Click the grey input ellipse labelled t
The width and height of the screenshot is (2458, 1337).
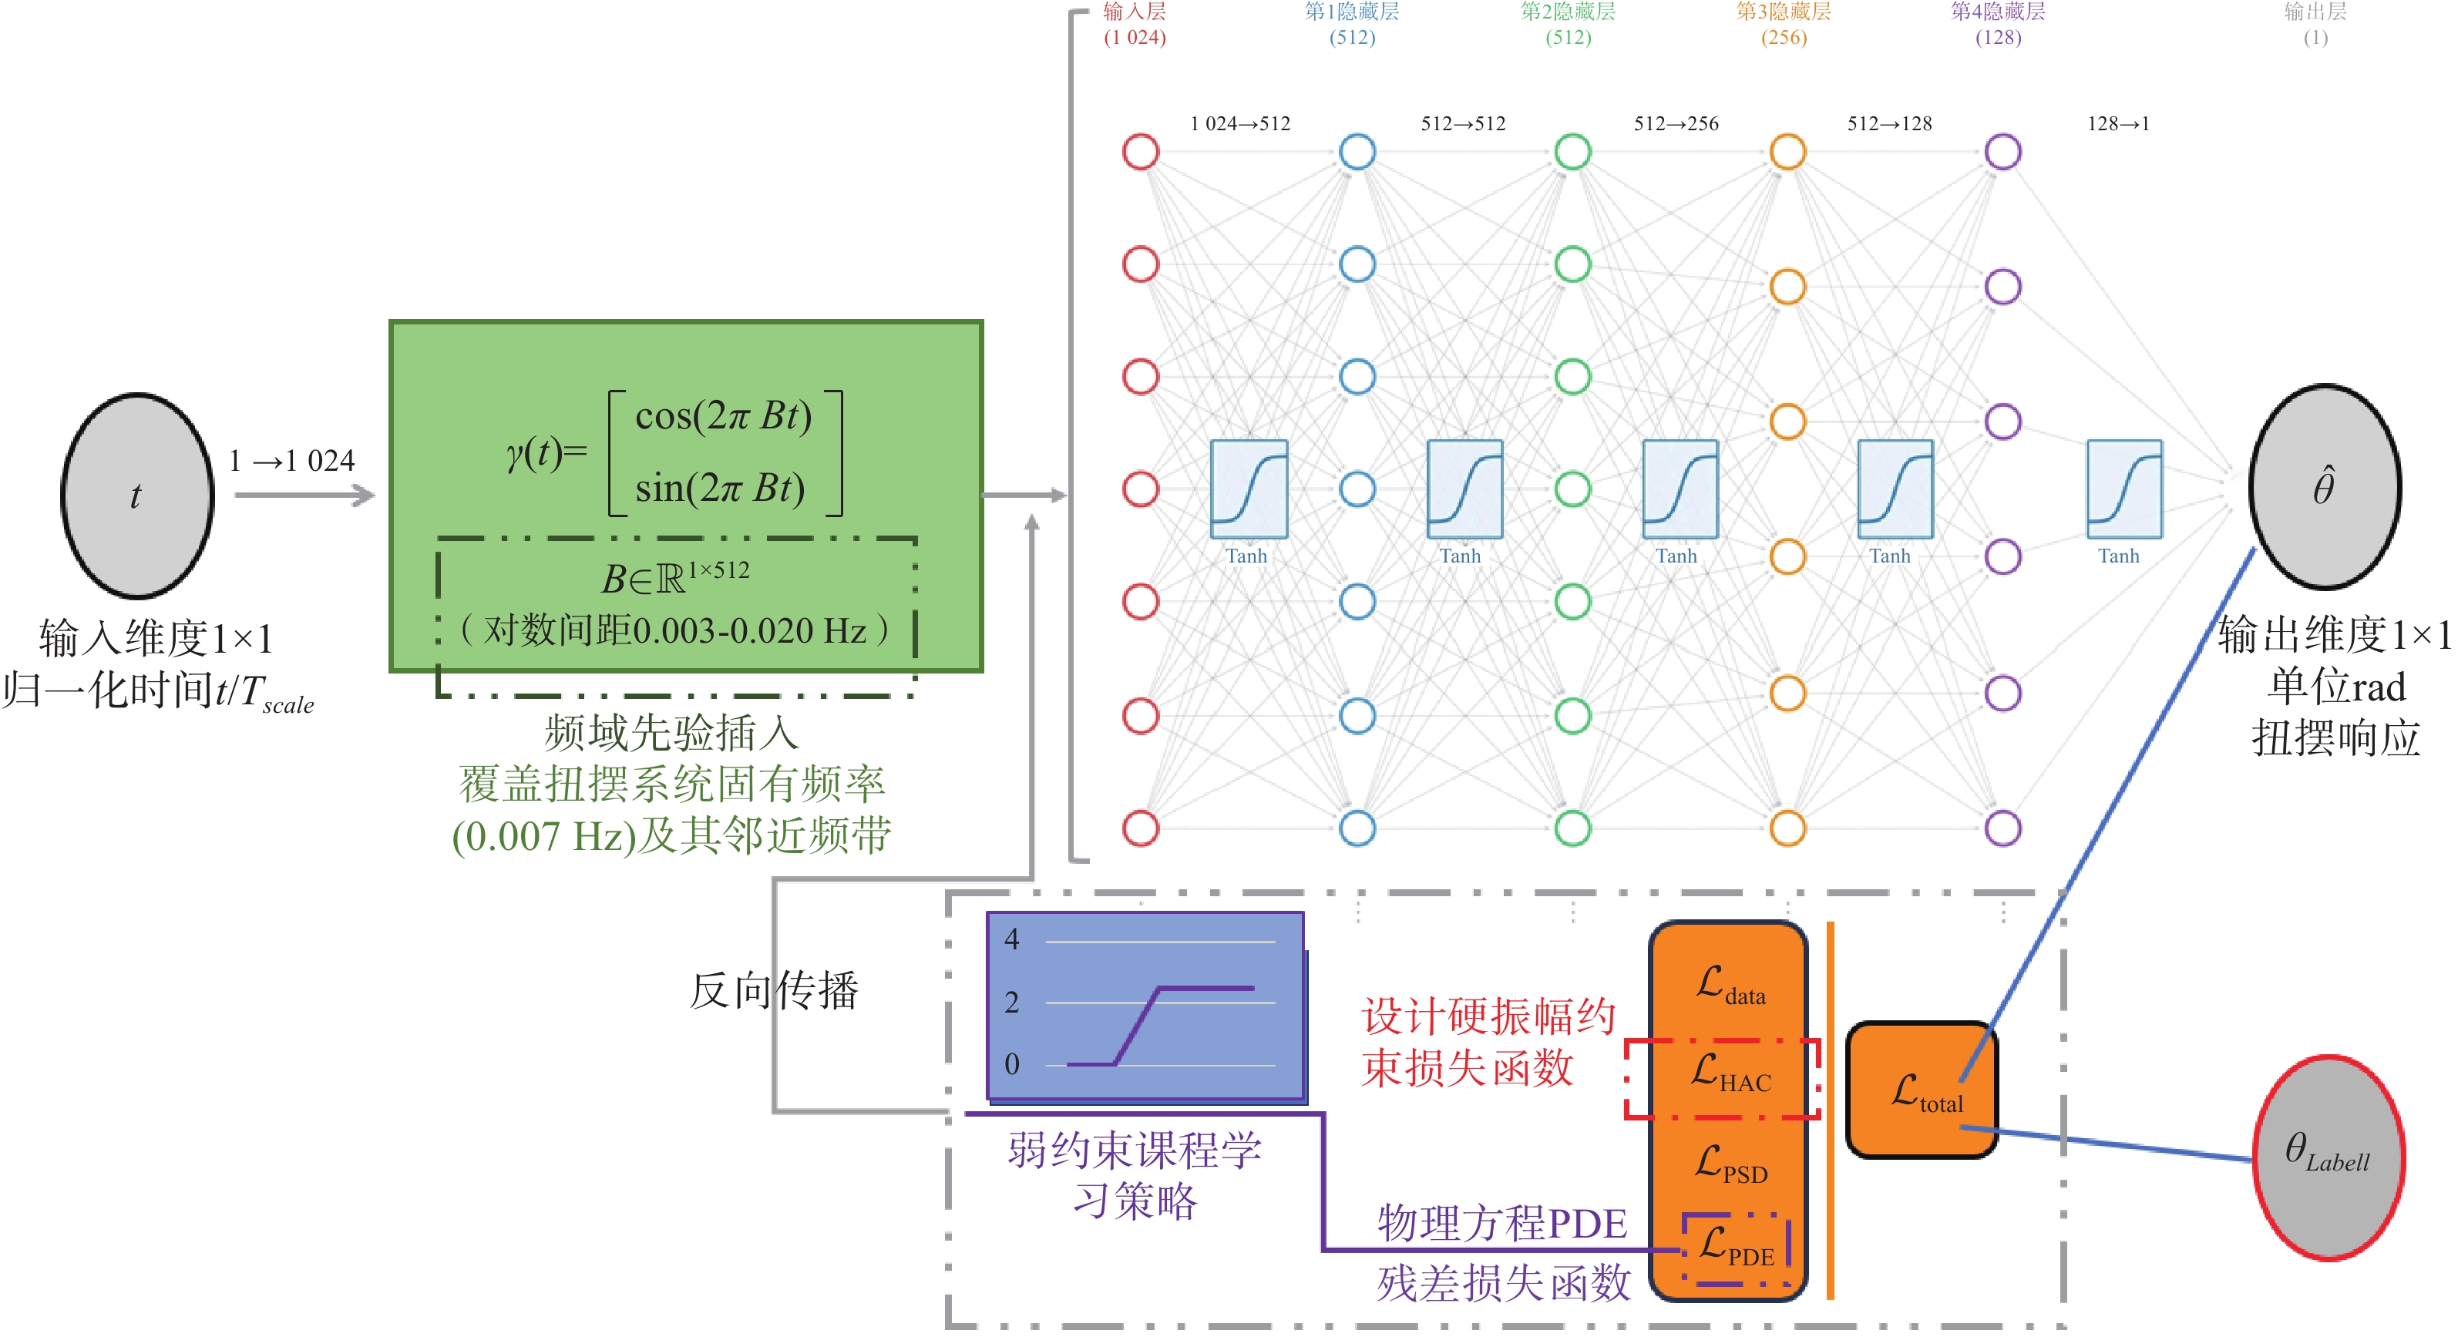pos(137,495)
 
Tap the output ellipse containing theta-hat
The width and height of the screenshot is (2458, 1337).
pos(2325,487)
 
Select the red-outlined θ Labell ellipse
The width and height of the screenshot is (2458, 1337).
pos(2329,1157)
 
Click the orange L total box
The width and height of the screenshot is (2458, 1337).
pos(1922,1090)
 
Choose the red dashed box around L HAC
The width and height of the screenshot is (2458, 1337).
pos(1723,1078)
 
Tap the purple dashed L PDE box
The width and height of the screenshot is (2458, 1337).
pos(1736,1248)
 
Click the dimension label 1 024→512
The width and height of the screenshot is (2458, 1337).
pos(1239,123)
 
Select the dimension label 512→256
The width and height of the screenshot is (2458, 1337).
pos(1676,123)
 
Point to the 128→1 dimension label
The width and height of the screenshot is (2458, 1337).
pos(2118,123)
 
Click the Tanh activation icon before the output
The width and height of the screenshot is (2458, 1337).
pos(2124,489)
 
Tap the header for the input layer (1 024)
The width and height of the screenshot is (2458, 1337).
pos(1135,24)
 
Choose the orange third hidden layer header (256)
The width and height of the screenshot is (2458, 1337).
pos(1784,24)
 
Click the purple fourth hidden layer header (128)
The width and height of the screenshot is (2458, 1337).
pos(1998,24)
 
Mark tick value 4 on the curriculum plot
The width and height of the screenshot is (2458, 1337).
pos(1011,939)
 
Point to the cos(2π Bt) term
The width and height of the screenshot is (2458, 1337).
pos(723,415)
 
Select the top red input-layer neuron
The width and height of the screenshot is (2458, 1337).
pos(1140,151)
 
